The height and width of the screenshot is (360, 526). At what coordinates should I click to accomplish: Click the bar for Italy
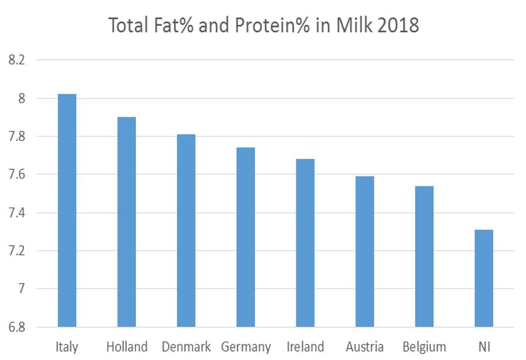coord(67,210)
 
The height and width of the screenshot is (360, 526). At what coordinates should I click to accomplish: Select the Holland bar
coord(126,222)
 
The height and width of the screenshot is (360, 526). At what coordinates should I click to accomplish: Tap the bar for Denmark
coord(186,230)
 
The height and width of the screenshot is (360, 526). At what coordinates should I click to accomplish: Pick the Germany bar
coord(246,237)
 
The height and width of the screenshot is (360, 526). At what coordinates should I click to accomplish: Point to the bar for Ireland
coord(305,243)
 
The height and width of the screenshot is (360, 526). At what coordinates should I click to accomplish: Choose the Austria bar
coord(364,251)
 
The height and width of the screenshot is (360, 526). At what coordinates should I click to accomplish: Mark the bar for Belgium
coord(424,256)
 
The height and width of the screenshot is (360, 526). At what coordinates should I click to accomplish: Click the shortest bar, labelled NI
coord(483,278)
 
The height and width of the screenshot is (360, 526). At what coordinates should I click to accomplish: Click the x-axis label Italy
coord(67,346)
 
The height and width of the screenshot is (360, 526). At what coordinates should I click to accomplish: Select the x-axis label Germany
coord(246,347)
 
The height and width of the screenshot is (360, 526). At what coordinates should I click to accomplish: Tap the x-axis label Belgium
coord(424,347)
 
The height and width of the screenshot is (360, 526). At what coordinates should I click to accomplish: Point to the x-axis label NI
coord(483,346)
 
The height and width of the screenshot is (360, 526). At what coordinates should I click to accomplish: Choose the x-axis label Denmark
coord(186,346)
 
